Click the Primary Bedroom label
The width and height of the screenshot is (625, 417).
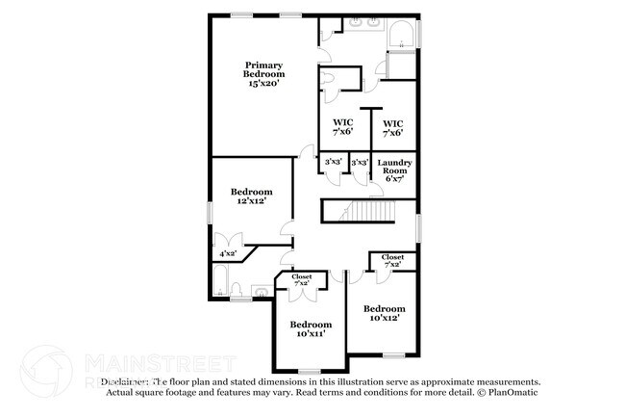262,69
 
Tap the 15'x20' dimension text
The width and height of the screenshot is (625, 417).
262,85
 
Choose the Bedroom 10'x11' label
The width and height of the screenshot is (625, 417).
311,329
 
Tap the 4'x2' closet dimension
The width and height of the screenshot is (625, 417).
228,253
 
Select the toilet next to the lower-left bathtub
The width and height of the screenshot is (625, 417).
260,291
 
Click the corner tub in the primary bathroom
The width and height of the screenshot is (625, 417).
401,37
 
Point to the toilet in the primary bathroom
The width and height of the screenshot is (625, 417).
330,82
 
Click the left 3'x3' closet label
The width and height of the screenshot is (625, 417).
334,162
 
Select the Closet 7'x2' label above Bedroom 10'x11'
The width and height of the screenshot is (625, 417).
301,280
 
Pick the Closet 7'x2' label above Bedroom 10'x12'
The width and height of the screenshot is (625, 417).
392,261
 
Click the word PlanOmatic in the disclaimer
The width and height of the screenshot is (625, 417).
513,393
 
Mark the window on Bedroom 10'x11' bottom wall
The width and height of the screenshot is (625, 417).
309,372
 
